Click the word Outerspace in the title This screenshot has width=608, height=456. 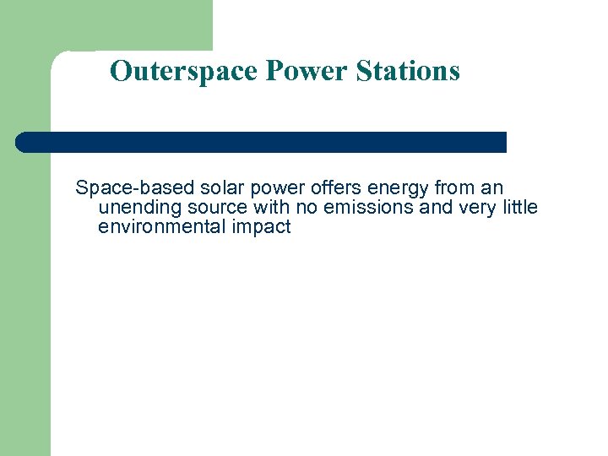(184, 71)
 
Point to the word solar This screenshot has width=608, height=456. (222, 187)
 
